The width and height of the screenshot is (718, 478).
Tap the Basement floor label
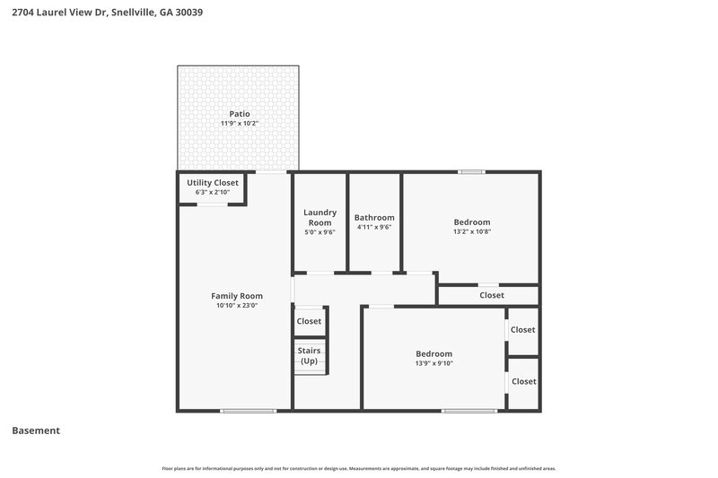point(36,430)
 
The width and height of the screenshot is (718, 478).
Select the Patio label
point(239,114)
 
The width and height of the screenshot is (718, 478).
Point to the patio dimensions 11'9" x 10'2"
point(239,124)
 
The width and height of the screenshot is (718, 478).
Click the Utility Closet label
point(213,183)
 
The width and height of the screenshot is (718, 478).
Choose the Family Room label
point(237,296)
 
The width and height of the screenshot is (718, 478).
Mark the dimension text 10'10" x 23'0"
point(237,306)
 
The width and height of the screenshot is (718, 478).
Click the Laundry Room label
point(320,218)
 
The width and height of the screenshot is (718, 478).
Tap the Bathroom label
point(374,218)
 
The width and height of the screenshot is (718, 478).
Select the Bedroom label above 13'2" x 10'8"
point(471,222)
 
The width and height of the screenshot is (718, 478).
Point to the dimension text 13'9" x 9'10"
point(433,363)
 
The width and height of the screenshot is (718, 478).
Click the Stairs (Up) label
point(310,356)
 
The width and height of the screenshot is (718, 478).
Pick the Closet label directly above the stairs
point(309,321)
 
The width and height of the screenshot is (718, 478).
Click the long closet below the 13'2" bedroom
point(491,295)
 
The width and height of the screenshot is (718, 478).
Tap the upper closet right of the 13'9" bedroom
point(523,330)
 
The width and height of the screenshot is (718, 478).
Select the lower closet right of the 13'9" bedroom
point(523,381)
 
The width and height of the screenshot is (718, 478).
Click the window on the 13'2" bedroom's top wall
point(471,171)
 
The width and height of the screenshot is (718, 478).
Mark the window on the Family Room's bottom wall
point(249,411)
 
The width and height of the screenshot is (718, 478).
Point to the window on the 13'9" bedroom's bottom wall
point(469,411)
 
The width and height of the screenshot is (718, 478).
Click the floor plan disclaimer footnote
point(359,468)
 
